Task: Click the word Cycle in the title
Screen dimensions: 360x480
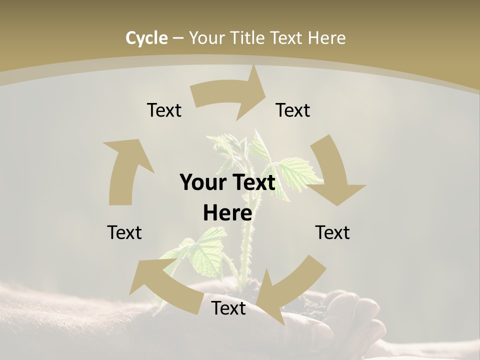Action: point(146,38)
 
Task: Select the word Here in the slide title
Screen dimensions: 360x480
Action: point(326,38)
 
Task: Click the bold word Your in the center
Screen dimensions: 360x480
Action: point(203,183)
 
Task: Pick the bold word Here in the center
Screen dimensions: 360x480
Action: point(227,213)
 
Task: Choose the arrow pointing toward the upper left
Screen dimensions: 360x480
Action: point(165,285)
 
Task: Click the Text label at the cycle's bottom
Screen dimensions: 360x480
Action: point(228,308)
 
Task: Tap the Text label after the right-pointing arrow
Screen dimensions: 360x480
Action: point(293,110)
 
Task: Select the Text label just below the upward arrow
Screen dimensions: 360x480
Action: point(124,232)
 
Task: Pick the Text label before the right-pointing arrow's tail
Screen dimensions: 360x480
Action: point(164,110)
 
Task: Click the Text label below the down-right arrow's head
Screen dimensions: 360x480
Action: point(332,232)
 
